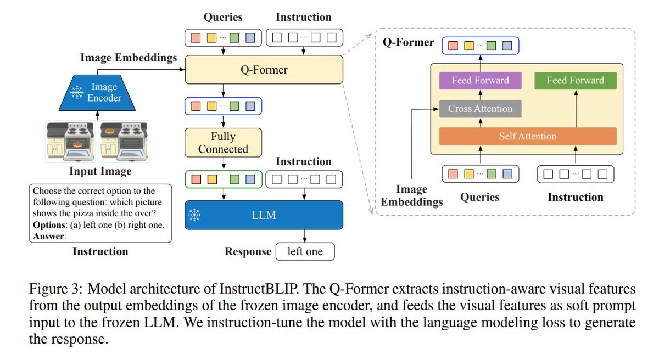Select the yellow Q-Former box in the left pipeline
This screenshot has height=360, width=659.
pos(264,70)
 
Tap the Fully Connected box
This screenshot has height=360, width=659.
pos(224,143)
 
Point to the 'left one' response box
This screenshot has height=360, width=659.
pos(304,252)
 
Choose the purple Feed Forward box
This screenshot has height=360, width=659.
pos(480,81)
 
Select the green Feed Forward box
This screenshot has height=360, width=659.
pos(575,81)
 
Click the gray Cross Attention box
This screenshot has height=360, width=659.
pos(480,109)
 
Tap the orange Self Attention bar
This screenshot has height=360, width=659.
pos(527,136)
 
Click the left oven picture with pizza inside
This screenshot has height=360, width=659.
pos(70,142)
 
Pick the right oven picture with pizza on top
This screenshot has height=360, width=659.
pos(124,142)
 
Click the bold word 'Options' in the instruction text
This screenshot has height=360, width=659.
pos(48,226)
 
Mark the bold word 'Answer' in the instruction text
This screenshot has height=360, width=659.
pos(47,237)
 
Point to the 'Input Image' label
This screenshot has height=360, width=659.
pos(100,172)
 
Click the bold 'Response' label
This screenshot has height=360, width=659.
pos(248,252)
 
